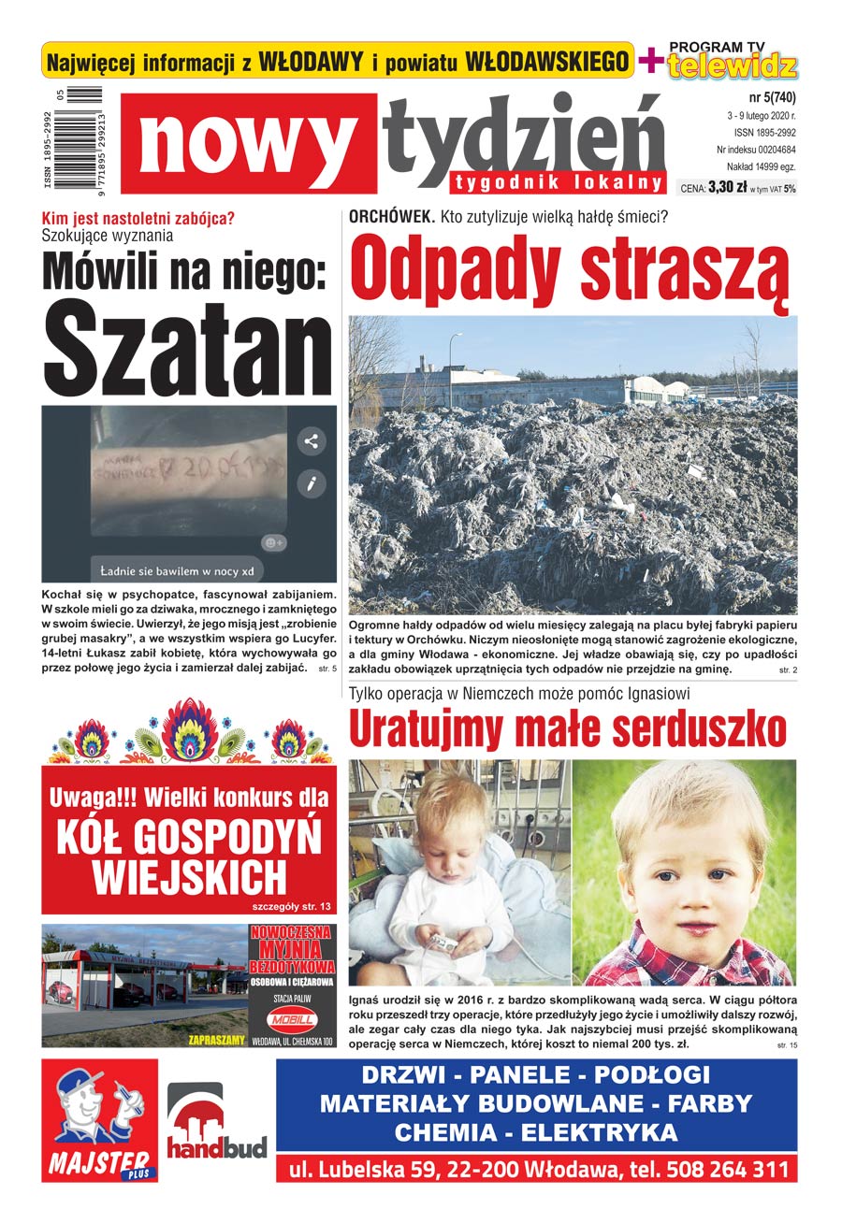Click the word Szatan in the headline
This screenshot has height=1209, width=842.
pos(190,350)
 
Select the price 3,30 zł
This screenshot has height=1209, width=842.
pos(728,187)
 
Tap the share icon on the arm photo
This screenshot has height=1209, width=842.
pos(311,441)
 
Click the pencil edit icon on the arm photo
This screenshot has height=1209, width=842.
pos(311,483)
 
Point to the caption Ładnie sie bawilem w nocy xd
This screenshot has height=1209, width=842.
pos(177,569)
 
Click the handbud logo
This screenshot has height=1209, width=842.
pos(216,1122)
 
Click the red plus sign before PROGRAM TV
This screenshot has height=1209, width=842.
pos(647,61)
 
